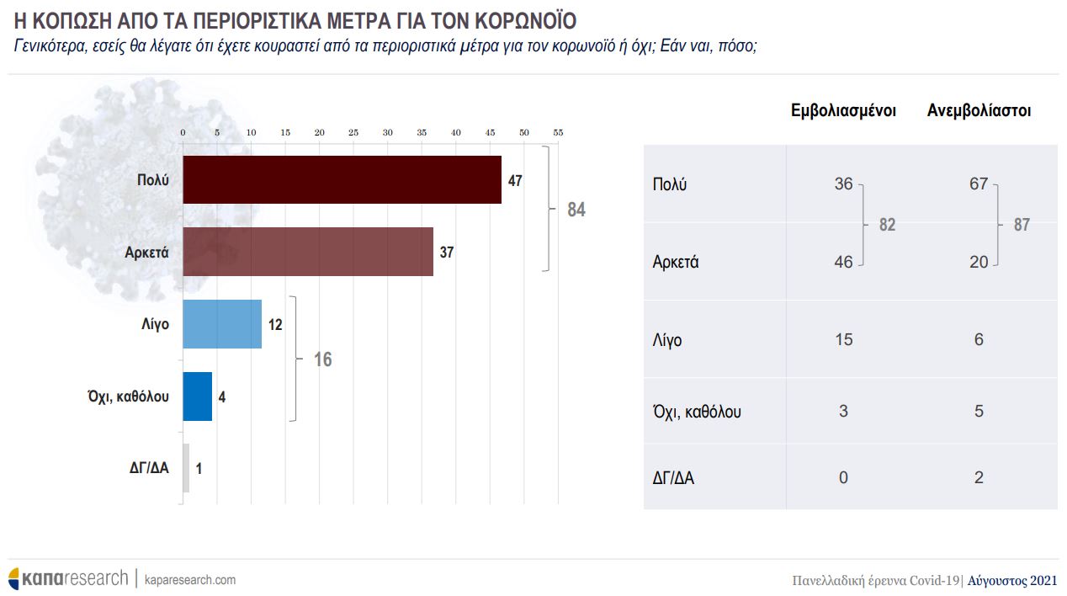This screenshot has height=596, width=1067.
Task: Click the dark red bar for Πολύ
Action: click(x=342, y=179)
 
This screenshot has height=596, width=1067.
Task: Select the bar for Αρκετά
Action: click(x=308, y=252)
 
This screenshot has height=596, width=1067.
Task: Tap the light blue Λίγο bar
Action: click(x=222, y=324)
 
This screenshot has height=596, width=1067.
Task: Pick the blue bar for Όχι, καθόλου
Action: click(x=197, y=396)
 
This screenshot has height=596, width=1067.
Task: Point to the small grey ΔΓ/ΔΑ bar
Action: click(x=186, y=468)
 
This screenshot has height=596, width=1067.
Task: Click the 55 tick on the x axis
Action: click(x=558, y=133)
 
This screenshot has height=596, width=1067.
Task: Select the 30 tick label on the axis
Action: click(x=387, y=133)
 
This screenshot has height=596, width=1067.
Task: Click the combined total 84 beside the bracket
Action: click(x=576, y=210)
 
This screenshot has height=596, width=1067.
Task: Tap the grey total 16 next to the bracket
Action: click(x=323, y=360)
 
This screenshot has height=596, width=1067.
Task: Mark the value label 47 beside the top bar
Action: click(x=515, y=181)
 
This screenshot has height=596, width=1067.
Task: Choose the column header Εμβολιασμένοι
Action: click(x=843, y=111)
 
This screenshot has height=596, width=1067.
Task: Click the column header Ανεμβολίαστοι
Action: click(x=979, y=111)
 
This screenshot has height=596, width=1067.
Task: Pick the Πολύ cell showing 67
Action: click(x=978, y=184)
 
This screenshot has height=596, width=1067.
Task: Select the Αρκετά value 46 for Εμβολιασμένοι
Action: click(x=843, y=262)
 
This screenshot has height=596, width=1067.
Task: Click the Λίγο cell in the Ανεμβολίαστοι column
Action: click(x=978, y=339)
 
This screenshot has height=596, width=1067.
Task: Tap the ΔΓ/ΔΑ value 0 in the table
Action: click(x=843, y=478)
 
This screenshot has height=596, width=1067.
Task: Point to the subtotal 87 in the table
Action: click(x=1022, y=225)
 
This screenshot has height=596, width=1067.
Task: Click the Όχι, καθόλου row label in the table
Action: click(x=697, y=412)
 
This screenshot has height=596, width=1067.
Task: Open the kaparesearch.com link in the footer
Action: click(x=190, y=580)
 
